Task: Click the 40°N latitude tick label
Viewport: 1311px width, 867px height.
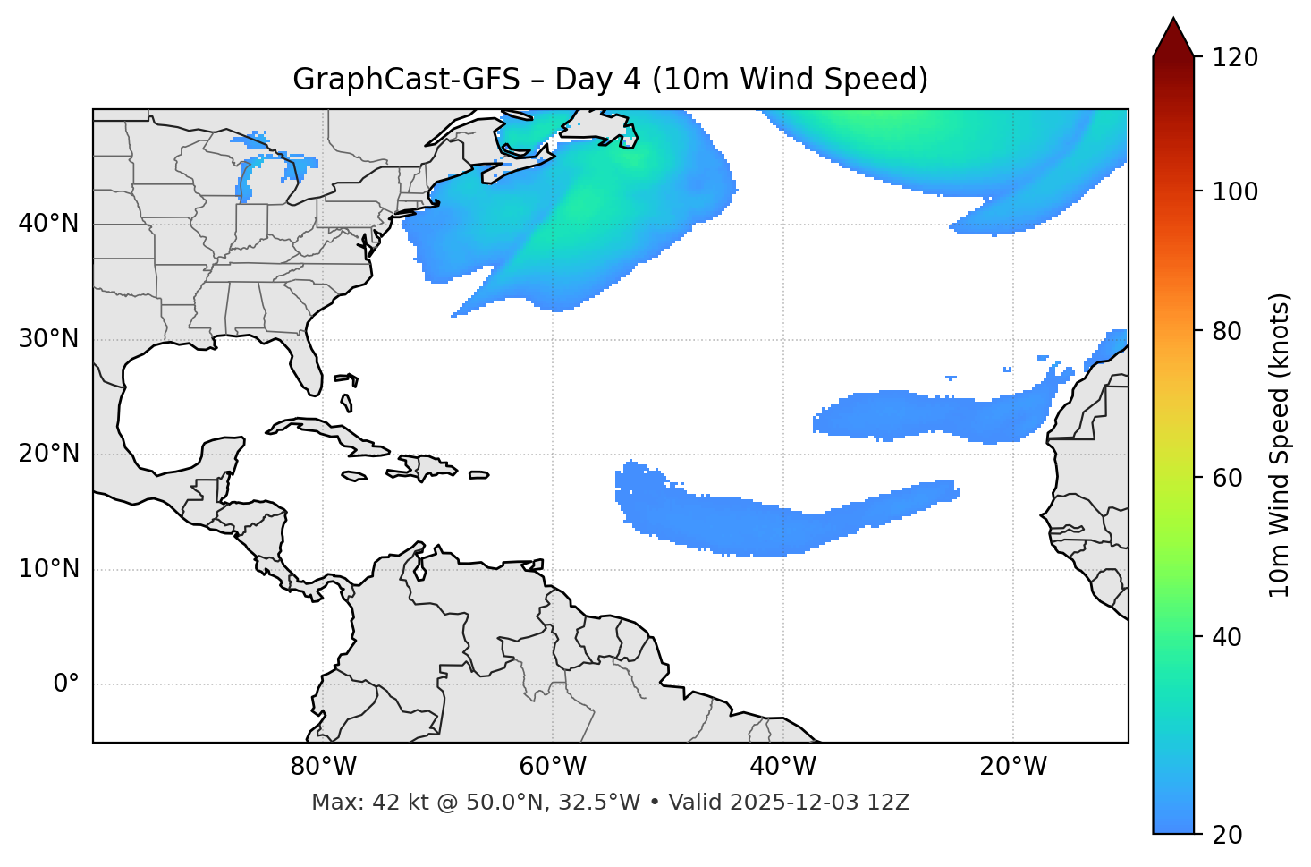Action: click(x=48, y=224)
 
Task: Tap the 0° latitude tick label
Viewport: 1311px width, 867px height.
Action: click(x=65, y=684)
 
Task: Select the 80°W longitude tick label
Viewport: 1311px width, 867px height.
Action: click(x=323, y=767)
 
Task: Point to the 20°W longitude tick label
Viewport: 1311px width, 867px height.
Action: click(x=1012, y=767)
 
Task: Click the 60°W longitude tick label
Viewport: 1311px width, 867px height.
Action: click(x=553, y=767)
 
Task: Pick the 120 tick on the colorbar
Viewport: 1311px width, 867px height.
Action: click(x=1235, y=58)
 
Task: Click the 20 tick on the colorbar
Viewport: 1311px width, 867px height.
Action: click(x=1227, y=835)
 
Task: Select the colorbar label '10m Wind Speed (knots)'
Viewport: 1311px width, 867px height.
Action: click(x=1280, y=445)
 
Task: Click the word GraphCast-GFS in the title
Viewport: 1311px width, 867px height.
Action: click(x=406, y=80)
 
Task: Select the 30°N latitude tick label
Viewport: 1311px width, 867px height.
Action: click(x=48, y=339)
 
